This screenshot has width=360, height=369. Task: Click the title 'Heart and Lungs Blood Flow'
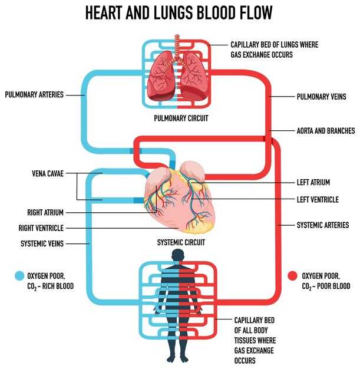(180, 13)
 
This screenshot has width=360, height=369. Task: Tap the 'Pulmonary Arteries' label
(34, 94)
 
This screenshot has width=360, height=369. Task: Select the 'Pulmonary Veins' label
(321, 96)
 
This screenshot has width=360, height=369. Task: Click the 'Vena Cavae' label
(48, 174)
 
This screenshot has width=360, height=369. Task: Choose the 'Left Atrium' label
(314, 183)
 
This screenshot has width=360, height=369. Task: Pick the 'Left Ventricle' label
(318, 200)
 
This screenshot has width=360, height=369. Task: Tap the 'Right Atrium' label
(45, 212)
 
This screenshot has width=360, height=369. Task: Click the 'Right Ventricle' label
(41, 228)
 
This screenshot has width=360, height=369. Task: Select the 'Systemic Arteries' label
(322, 225)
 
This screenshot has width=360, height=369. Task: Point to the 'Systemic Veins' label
(42, 243)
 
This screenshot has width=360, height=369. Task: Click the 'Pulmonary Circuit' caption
(181, 118)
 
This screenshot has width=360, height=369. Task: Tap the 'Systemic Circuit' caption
(180, 242)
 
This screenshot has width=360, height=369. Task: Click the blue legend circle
(19, 275)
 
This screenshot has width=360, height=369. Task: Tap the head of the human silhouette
(178, 255)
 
